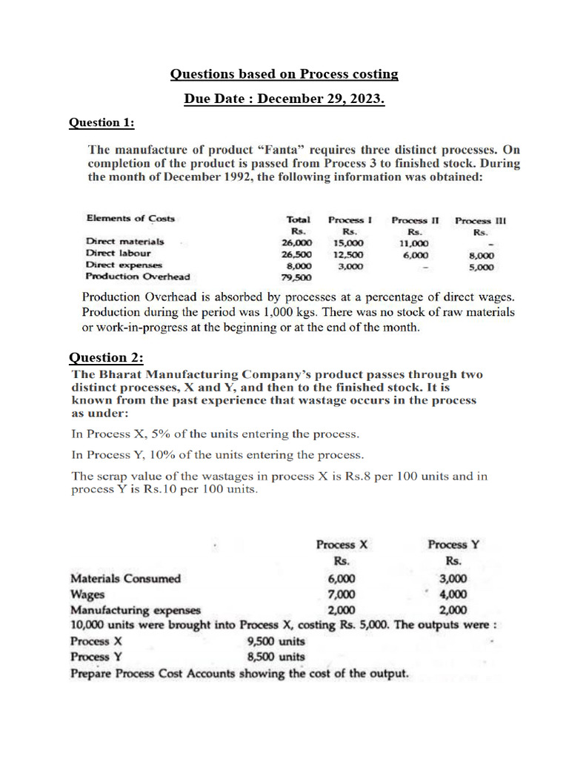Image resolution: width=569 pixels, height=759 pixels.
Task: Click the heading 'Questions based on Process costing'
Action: pyautogui.click(x=284, y=74)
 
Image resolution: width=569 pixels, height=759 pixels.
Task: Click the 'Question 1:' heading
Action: pyautogui.click(x=102, y=122)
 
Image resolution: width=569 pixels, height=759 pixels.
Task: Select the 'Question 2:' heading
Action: pyautogui.click(x=107, y=358)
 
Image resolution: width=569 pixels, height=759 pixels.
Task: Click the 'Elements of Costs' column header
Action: pyautogui.click(x=130, y=218)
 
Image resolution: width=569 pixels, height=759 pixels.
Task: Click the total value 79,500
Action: pyautogui.click(x=296, y=277)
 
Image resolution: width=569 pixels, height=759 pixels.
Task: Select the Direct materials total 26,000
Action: pyautogui.click(x=296, y=242)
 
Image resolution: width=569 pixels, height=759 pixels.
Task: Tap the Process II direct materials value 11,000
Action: pyautogui.click(x=413, y=242)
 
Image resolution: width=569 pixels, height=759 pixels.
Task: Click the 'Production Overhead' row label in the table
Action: pyautogui.click(x=137, y=276)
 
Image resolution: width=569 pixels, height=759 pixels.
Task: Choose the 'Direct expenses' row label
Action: pyautogui.click(x=124, y=265)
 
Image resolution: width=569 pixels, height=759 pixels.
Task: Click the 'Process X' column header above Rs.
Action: pyautogui.click(x=342, y=545)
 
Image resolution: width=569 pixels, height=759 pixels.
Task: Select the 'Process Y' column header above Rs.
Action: pyautogui.click(x=453, y=545)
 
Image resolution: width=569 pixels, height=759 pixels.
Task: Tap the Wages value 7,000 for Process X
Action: pyautogui.click(x=342, y=594)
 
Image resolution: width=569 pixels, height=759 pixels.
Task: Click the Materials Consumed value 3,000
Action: pyautogui.click(x=453, y=579)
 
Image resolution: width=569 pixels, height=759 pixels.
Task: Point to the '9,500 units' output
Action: pyautogui.click(x=276, y=641)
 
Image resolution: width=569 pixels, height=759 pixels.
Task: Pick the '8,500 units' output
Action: pyautogui.click(x=276, y=657)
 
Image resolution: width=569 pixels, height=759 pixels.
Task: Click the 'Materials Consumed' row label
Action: pyautogui.click(x=125, y=579)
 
